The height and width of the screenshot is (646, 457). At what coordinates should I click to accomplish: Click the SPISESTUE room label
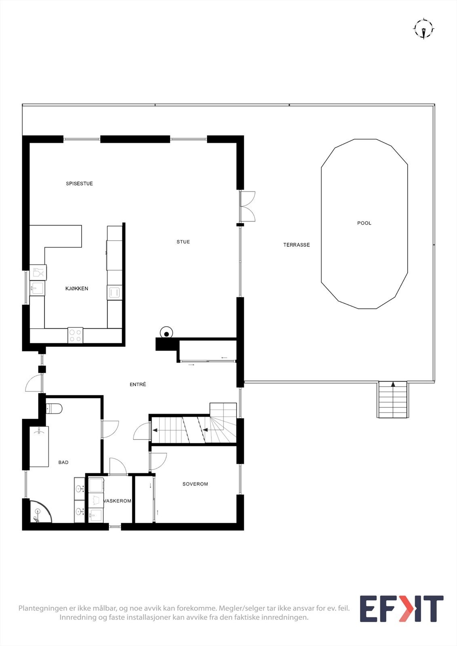pyautogui.click(x=79, y=184)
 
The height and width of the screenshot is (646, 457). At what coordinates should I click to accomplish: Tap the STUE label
pyautogui.click(x=183, y=242)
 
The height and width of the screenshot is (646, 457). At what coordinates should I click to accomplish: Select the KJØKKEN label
pyautogui.click(x=77, y=289)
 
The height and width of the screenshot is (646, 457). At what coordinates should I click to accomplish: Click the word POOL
pyautogui.click(x=364, y=223)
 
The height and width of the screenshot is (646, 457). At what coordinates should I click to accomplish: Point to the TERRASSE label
pyautogui.click(x=297, y=245)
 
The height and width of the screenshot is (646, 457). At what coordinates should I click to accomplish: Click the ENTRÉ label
pyautogui.click(x=138, y=385)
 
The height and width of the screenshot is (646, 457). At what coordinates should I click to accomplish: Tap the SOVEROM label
pyautogui.click(x=195, y=484)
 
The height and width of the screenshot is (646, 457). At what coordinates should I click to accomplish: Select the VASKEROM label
pyautogui.click(x=118, y=501)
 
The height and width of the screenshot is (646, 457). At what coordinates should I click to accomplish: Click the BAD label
pyautogui.click(x=63, y=463)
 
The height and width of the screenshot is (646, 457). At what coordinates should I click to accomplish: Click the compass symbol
pyautogui.click(x=423, y=29)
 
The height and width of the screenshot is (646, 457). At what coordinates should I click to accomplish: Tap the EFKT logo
pyautogui.click(x=401, y=609)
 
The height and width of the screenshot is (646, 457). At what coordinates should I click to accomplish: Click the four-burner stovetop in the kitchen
pyautogui.click(x=75, y=336)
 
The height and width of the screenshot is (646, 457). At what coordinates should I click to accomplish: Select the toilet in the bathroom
pyautogui.click(x=54, y=409)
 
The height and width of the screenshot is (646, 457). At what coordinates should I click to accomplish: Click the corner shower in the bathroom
pyautogui.click(x=40, y=512)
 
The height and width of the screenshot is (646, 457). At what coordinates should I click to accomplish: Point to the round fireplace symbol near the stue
pyautogui.click(x=166, y=333)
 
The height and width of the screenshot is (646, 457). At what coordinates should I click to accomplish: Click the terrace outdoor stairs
pyautogui.click(x=393, y=400)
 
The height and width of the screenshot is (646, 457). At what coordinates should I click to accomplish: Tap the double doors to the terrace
pyautogui.click(x=247, y=206)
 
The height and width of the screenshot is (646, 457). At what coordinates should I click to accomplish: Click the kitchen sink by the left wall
pyautogui.click(x=38, y=288)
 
